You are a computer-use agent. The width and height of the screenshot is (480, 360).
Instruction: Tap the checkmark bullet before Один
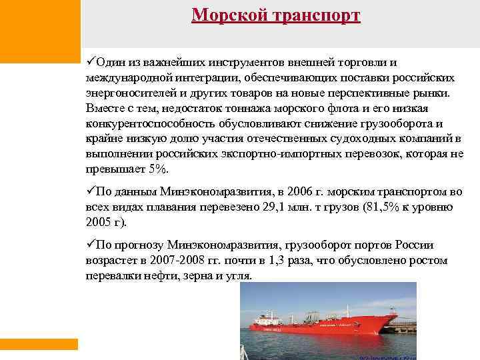click(x=90, y=62)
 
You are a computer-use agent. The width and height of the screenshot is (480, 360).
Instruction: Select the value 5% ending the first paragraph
click(x=159, y=169)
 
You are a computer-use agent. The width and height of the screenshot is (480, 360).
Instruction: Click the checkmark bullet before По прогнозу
click(x=90, y=245)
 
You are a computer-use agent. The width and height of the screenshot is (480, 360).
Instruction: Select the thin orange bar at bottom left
click(x=39, y=344)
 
